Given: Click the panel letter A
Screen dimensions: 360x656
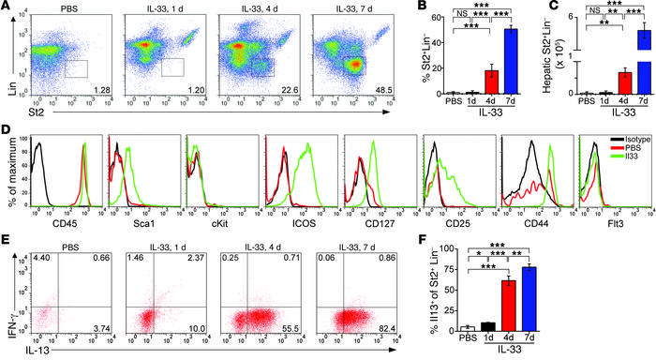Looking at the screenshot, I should point(7,8).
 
